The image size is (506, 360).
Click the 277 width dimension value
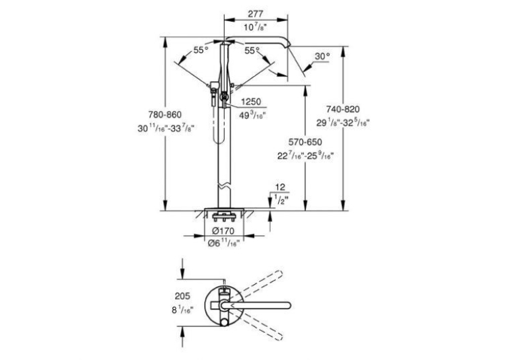click(x=256, y=14)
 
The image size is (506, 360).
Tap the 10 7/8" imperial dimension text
click(x=255, y=27)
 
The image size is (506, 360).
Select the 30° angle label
click(x=322, y=56)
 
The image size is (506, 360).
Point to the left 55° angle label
click(x=201, y=50)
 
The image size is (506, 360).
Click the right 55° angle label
click(x=252, y=51)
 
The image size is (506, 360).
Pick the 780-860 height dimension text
click(x=165, y=114)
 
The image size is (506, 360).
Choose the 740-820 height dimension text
click(x=343, y=109)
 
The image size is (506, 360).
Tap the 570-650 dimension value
click(x=305, y=142)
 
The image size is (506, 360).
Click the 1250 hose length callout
click(x=251, y=102)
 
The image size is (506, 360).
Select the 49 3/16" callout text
click(x=252, y=115)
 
